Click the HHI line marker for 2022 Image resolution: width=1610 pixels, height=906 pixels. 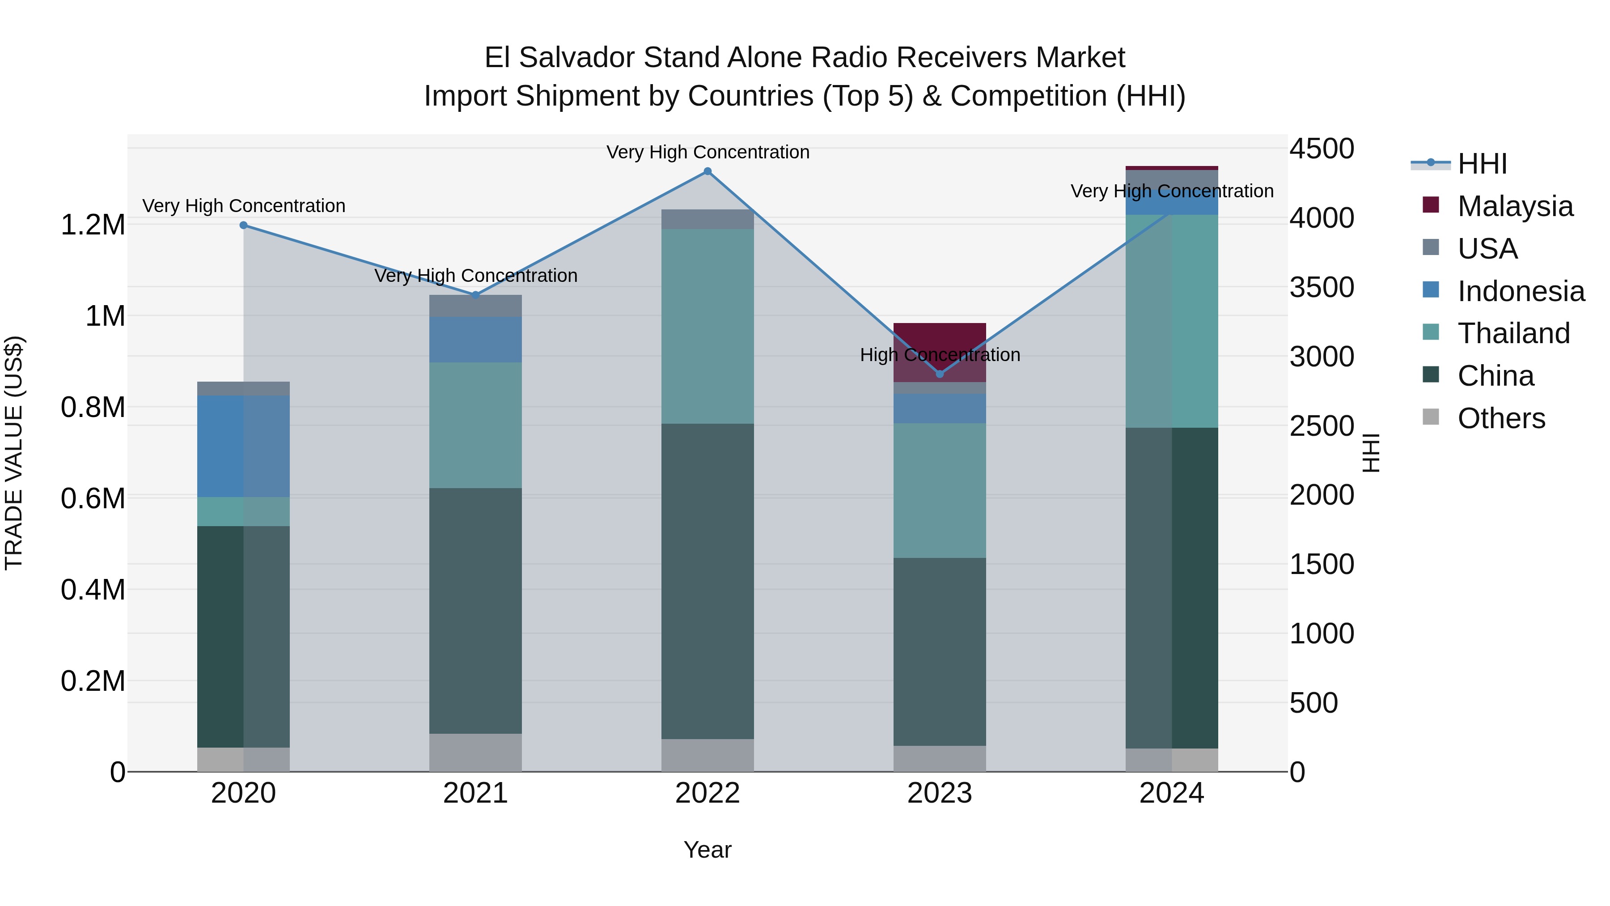point(708,171)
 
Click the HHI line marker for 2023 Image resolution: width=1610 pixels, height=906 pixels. point(939,374)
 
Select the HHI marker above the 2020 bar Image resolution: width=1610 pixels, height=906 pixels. point(244,225)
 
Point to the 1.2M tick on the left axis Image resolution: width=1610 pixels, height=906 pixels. point(93,225)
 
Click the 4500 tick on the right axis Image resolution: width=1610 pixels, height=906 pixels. point(1321,149)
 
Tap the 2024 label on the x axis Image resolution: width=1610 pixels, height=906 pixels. point(1171,793)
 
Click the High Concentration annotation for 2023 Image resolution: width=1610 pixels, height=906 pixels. point(939,355)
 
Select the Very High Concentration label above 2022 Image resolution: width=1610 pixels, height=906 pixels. point(708,153)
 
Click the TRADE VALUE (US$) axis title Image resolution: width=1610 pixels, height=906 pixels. point(14,453)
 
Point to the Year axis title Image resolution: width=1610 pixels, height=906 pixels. point(708,850)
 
